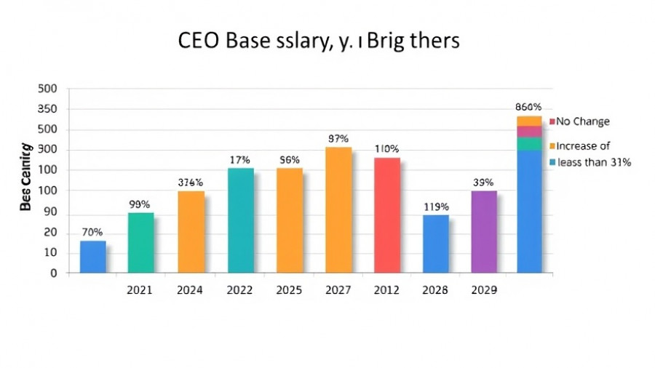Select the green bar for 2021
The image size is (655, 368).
point(140,243)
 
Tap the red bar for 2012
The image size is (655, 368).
point(387,215)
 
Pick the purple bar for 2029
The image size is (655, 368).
point(484,232)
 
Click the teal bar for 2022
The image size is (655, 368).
point(241,220)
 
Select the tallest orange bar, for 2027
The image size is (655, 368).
point(338,210)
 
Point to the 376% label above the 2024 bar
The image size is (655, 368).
point(191,183)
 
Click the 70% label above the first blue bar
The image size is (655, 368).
point(92,233)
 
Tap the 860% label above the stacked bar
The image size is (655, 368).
point(528,107)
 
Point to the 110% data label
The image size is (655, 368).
point(387,149)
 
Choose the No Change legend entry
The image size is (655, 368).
point(582,121)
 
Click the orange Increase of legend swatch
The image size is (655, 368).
point(553,146)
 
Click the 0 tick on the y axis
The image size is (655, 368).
point(52,273)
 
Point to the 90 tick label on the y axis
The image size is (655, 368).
point(49,213)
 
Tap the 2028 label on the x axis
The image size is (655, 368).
point(436,290)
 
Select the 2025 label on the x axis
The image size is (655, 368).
point(289,290)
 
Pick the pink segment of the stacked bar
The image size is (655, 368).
point(529,131)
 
